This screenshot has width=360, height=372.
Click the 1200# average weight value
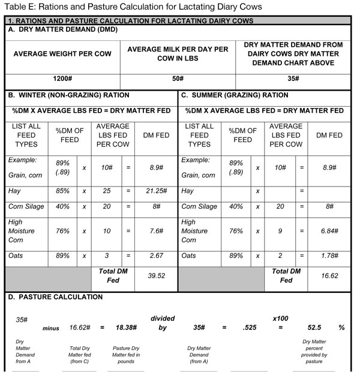pos(62,79)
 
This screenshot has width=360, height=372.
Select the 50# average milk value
pos(178,79)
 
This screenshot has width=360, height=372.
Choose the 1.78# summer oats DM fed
pos(328,256)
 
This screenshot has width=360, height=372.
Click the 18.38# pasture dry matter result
pos(127,328)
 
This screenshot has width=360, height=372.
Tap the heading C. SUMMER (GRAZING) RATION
pos(242,95)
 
